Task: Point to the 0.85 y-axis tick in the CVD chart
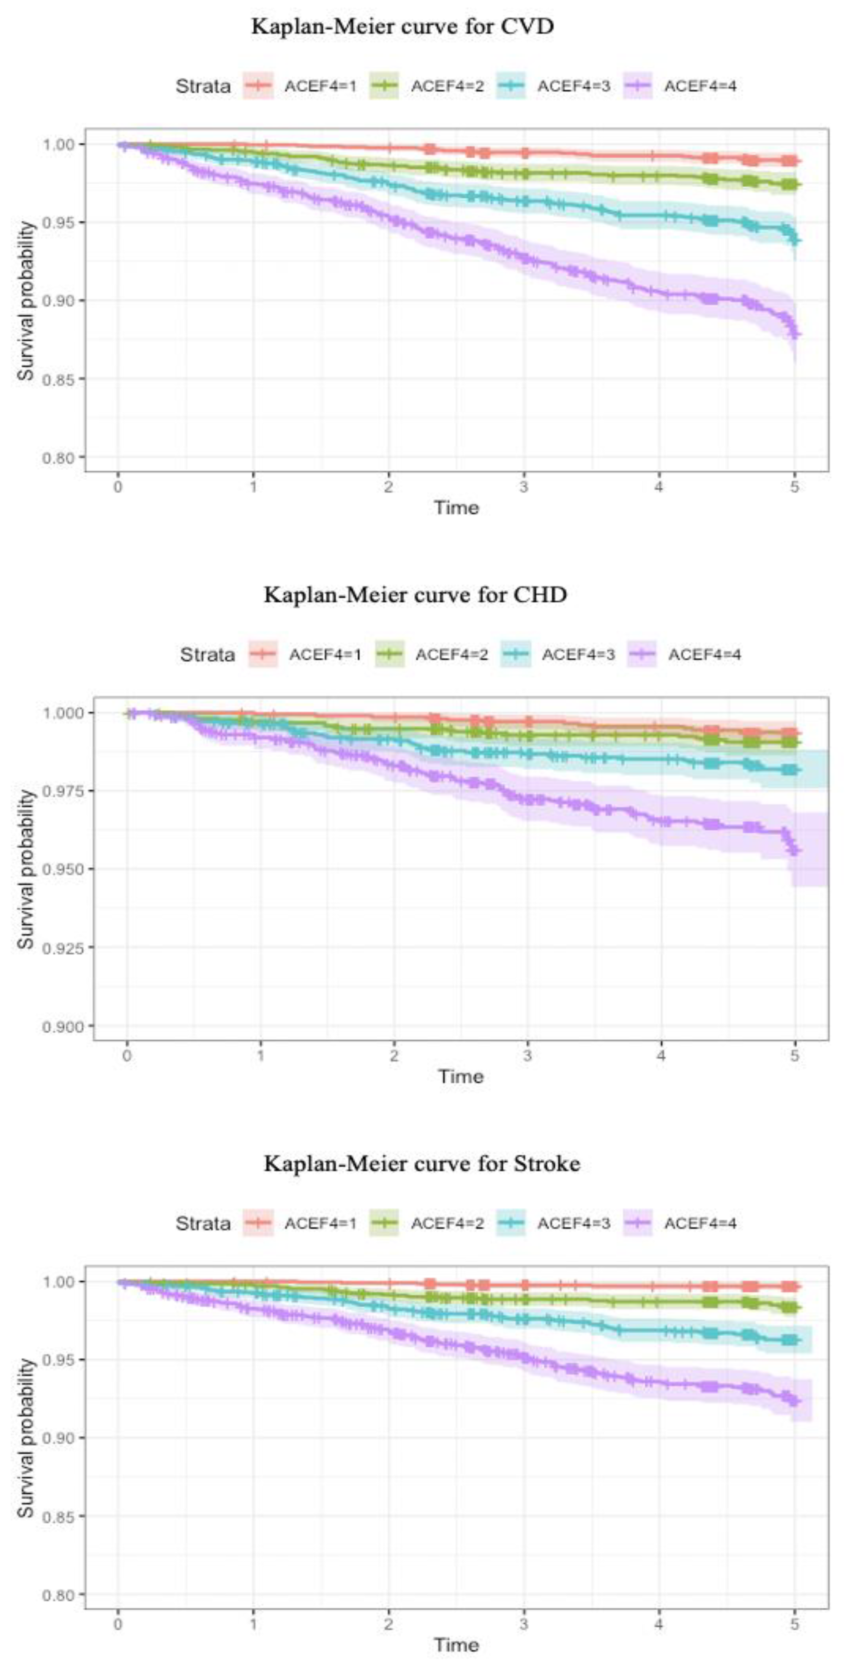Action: [59, 379]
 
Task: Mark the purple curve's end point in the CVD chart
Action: [795, 334]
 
